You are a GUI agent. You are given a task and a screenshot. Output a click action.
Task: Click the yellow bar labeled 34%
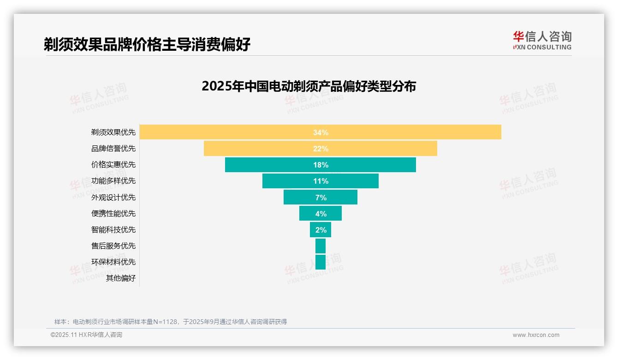click(320, 132)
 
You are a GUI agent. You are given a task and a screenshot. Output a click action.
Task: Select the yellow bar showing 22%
click(320, 149)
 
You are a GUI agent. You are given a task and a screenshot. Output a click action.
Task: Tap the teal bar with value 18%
click(320, 165)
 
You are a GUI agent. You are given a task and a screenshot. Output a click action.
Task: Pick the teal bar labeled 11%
click(320, 181)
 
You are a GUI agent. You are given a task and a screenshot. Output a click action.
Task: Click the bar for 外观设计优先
click(320, 197)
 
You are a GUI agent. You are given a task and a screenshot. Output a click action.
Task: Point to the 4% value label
click(321, 214)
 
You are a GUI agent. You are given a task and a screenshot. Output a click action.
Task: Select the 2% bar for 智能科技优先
click(320, 230)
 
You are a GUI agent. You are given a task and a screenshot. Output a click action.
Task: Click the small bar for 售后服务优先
click(320, 246)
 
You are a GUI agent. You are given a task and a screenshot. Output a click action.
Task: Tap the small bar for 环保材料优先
click(320, 262)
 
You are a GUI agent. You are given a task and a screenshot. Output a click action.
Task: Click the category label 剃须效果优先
click(113, 132)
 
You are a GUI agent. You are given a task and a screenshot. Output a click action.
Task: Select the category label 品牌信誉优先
click(113, 149)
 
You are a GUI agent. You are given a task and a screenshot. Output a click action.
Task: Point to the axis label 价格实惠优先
click(113, 165)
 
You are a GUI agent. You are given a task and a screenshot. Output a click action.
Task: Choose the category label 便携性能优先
click(113, 214)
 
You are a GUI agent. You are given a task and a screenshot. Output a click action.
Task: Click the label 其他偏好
click(121, 278)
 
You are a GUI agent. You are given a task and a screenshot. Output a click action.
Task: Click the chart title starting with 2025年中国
click(309, 86)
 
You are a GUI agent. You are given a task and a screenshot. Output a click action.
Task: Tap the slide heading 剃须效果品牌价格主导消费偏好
click(147, 44)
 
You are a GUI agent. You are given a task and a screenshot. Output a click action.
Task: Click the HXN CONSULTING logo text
click(542, 47)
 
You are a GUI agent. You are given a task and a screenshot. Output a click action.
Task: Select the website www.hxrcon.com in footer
click(536, 335)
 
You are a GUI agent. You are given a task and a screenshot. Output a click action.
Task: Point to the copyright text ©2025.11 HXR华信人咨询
click(86, 335)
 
